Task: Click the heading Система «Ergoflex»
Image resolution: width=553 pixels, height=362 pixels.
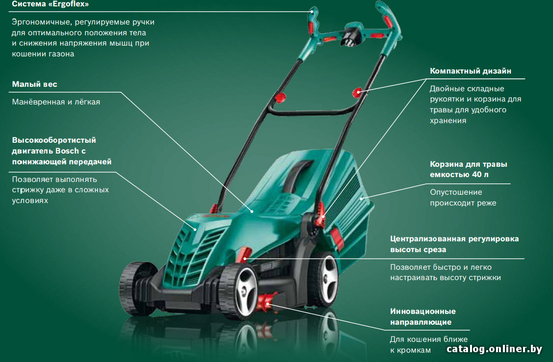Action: [x=51, y=4]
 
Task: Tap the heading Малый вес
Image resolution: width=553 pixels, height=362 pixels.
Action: [x=34, y=84]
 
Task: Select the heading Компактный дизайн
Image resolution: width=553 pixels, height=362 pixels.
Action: [x=470, y=71]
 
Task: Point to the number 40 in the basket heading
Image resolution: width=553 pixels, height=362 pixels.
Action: [x=476, y=174]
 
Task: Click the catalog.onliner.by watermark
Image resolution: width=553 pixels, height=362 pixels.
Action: [x=494, y=349]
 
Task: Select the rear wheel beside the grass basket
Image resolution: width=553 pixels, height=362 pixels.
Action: [x=324, y=278]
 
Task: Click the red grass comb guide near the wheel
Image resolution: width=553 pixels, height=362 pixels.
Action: [x=267, y=303]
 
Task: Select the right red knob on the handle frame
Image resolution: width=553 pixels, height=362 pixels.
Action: [x=357, y=92]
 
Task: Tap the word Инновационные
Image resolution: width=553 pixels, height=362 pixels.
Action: [x=423, y=311]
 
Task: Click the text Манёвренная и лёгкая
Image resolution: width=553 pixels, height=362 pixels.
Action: [x=56, y=102]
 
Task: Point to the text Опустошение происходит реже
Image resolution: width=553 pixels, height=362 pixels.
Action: [x=463, y=198]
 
